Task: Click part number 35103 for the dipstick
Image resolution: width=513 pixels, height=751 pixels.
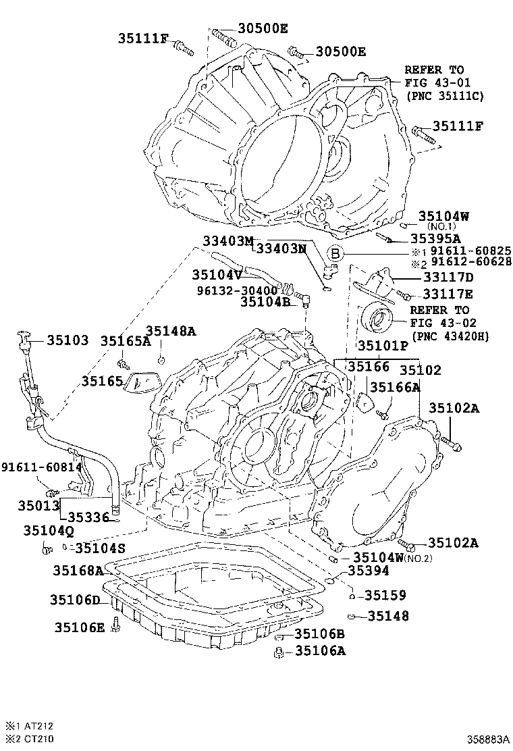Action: pos(67,340)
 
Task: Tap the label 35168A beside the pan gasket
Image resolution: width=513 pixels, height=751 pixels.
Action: pos(78,571)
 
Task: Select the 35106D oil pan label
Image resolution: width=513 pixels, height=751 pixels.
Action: pos(74,600)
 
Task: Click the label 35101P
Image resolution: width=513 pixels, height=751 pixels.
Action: pos(383,345)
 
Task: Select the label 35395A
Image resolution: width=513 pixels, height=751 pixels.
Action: pos(435,238)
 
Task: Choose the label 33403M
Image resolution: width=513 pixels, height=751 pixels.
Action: pos(227,241)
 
